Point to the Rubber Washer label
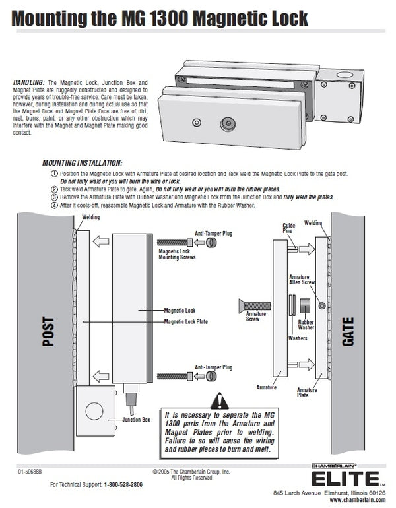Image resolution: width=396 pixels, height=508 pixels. tap(306, 324)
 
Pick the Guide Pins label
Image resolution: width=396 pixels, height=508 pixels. tap(289, 228)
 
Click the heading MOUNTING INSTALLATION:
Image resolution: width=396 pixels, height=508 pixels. tap(82, 162)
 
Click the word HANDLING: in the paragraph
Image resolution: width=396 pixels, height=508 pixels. tap(29, 81)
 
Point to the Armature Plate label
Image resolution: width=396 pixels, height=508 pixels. tap(307, 393)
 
